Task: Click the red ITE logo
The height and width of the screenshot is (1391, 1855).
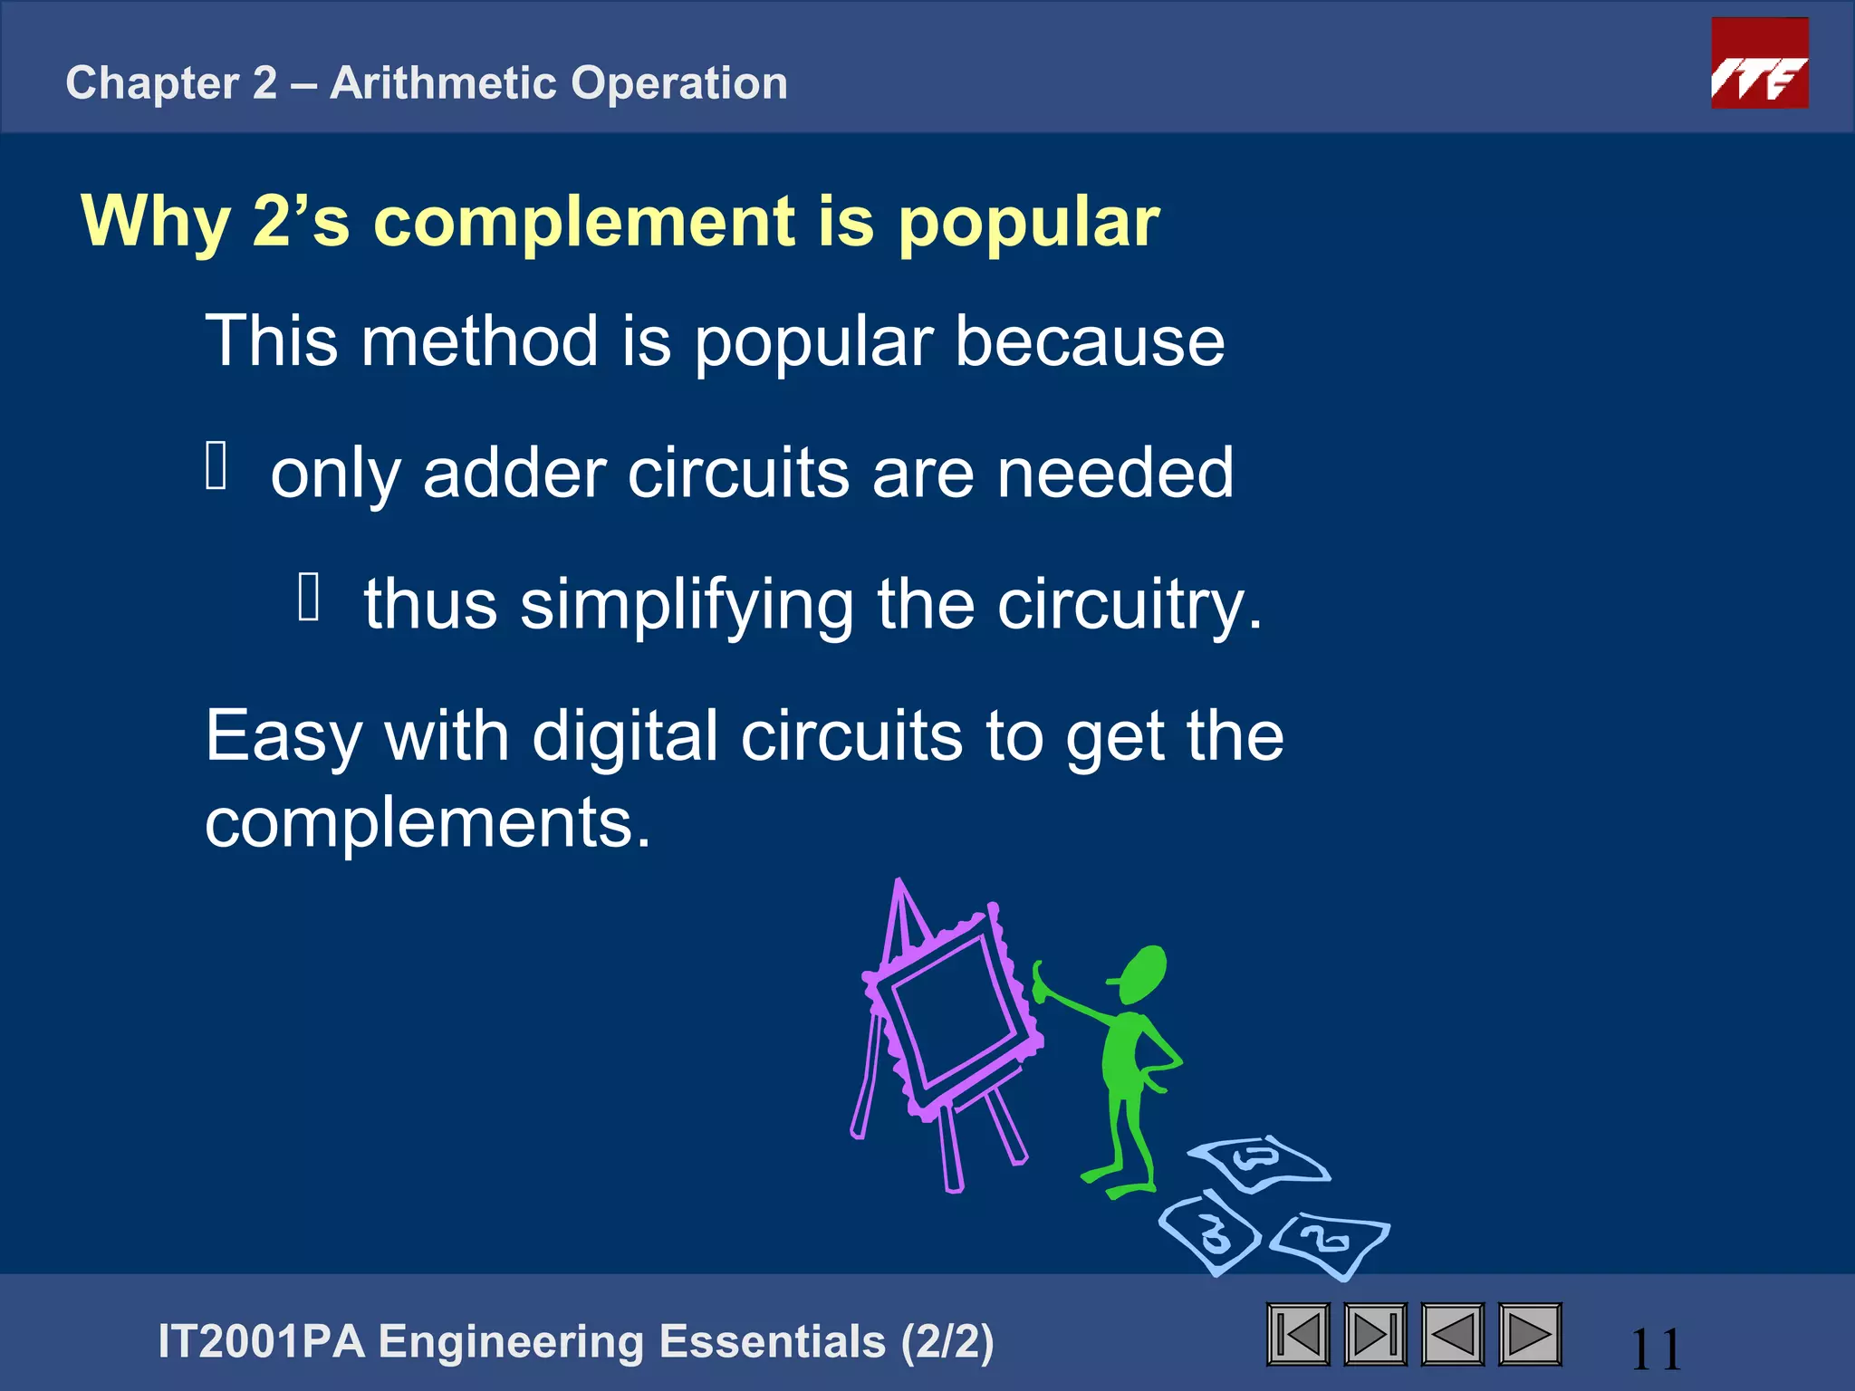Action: click(1759, 63)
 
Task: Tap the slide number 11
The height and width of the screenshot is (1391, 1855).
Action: click(1656, 1349)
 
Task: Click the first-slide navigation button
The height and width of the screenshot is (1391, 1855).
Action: click(1298, 1334)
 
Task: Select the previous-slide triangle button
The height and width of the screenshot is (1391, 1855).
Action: click(1452, 1334)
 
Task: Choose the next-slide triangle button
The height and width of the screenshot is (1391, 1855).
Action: click(1530, 1334)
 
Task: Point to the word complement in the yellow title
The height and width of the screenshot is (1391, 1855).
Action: click(585, 222)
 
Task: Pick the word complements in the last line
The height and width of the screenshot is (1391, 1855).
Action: click(428, 822)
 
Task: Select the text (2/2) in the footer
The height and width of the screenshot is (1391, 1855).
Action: click(947, 1341)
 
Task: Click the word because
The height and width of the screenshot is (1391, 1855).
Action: click(1090, 341)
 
